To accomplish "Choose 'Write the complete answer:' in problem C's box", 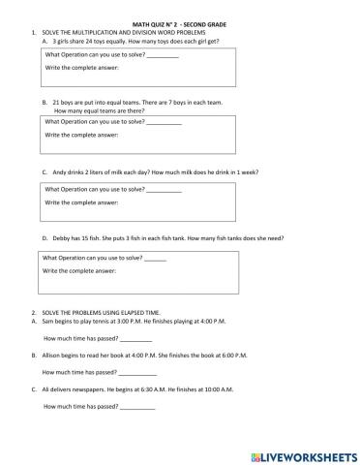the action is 80,203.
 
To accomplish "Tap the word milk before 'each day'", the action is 129,171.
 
